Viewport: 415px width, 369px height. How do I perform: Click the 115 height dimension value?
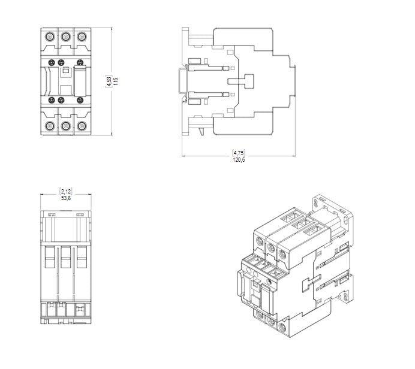[x=115, y=81]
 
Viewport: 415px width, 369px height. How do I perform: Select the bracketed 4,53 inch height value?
[x=109, y=81]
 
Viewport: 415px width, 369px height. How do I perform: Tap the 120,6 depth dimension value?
[x=239, y=159]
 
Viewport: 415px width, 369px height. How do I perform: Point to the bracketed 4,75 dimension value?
[x=239, y=153]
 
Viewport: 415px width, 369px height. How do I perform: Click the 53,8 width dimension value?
[x=66, y=197]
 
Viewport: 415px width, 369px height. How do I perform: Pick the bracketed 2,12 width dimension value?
[x=66, y=190]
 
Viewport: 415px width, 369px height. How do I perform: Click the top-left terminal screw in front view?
[x=49, y=37]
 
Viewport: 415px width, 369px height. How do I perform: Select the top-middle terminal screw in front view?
[x=65, y=37]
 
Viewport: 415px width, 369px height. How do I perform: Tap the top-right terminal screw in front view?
[x=82, y=37]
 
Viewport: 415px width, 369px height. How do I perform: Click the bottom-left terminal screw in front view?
[x=49, y=126]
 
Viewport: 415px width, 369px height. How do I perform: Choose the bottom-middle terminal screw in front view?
[x=65, y=126]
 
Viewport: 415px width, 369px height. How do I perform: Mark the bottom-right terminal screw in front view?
[x=82, y=126]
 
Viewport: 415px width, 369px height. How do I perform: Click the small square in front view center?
[x=67, y=71]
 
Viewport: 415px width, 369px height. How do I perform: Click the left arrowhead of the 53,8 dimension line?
[x=42, y=194]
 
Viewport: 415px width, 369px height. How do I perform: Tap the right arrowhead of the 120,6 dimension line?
[x=294, y=156]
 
